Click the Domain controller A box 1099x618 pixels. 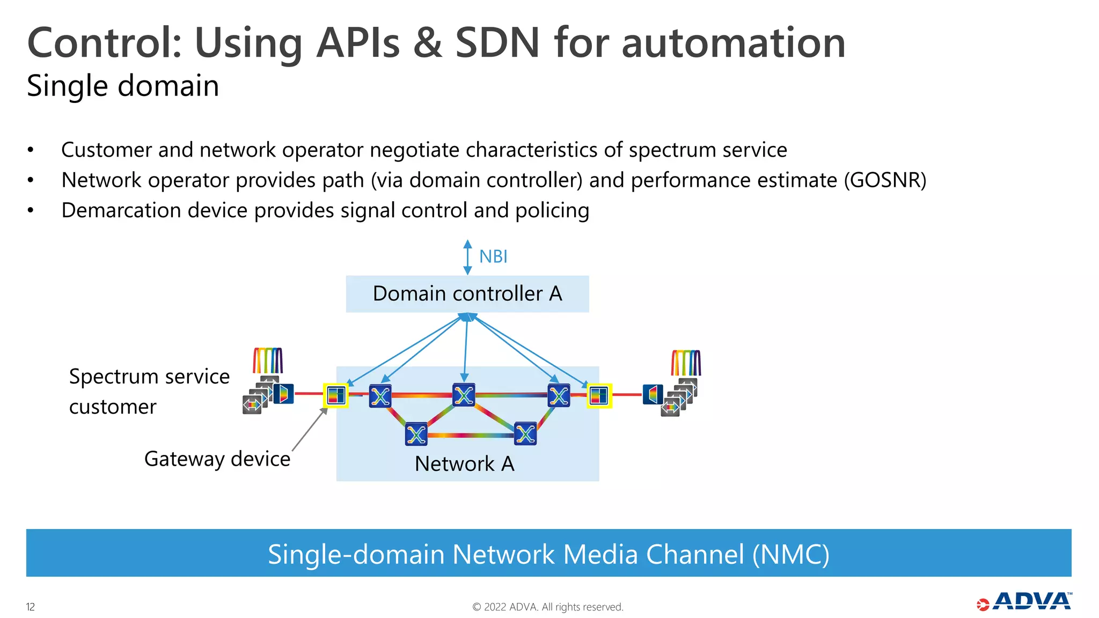(x=467, y=294)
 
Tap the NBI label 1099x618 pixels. (x=493, y=256)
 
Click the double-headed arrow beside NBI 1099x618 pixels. (x=467, y=257)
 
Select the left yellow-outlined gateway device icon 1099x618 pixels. (x=336, y=396)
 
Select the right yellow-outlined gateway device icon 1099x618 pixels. (x=598, y=396)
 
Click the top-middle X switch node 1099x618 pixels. (x=464, y=395)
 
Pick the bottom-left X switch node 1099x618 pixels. (x=416, y=435)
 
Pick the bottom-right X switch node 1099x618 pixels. (x=525, y=434)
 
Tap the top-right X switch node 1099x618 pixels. (x=559, y=396)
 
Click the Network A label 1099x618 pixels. (x=464, y=464)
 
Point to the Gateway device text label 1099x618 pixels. (x=217, y=459)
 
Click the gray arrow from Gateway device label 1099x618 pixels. (x=310, y=430)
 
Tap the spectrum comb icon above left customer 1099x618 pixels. (x=268, y=360)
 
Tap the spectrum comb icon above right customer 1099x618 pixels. (x=686, y=363)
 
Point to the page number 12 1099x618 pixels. (x=31, y=607)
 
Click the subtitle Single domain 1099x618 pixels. (x=123, y=86)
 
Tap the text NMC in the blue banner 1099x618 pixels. (x=790, y=554)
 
